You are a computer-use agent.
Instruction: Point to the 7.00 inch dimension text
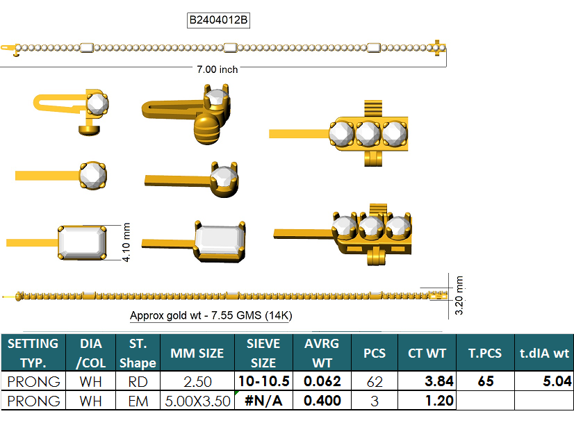coord(218,69)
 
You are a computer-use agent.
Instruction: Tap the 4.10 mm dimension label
coord(126,242)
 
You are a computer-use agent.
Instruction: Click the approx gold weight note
coord(211,315)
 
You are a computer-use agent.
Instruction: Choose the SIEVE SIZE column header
coord(263,353)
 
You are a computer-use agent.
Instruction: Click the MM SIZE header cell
coord(197,353)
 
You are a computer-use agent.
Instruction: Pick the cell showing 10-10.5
coord(263,381)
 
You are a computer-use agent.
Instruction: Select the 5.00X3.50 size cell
coord(197,401)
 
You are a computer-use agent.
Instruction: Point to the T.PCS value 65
coord(489,381)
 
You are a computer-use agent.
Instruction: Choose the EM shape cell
coord(138,401)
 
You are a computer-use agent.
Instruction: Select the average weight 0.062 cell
coord(322,381)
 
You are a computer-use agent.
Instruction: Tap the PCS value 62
coord(375,381)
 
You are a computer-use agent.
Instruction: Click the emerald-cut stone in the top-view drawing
coord(83,242)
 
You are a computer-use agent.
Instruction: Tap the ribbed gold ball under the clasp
coord(206,130)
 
